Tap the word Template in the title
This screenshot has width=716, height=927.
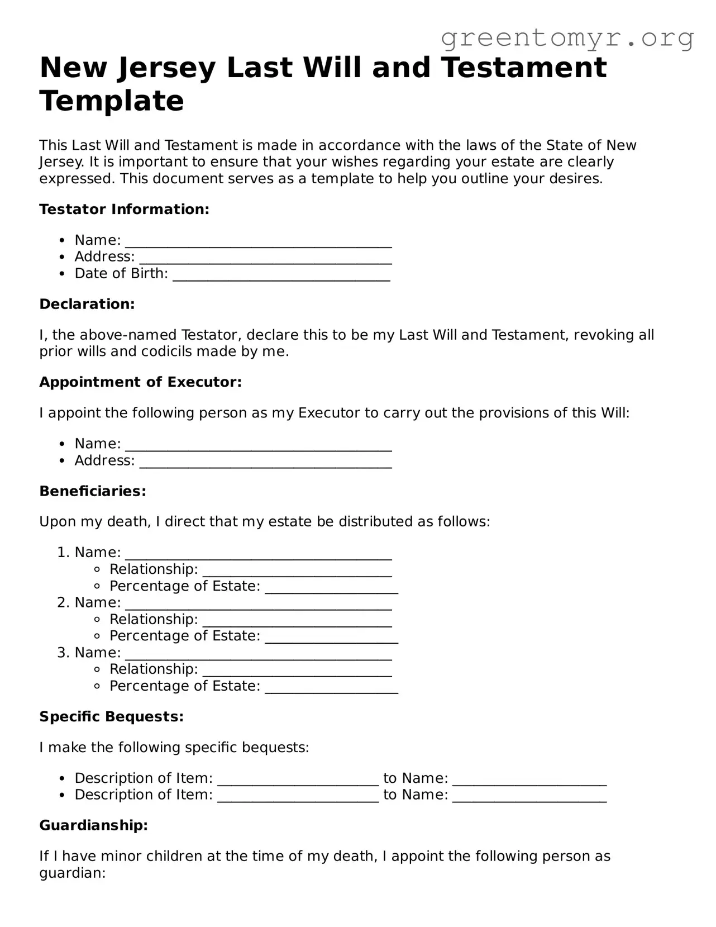[112, 101]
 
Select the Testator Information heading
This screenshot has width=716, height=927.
[124, 210]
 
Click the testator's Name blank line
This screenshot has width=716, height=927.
[258, 242]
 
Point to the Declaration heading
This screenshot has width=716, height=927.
[87, 305]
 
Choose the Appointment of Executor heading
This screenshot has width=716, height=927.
[140, 382]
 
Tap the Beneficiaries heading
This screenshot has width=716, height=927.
[93, 491]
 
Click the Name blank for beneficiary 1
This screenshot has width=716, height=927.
[258, 554]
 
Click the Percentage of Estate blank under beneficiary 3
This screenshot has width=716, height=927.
[331, 688]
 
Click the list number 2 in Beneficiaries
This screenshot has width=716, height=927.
[63, 603]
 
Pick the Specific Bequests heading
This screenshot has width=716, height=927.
[111, 717]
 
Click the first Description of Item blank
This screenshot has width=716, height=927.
[298, 780]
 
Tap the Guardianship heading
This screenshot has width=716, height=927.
[93, 825]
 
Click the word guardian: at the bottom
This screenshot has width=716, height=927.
[73, 873]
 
